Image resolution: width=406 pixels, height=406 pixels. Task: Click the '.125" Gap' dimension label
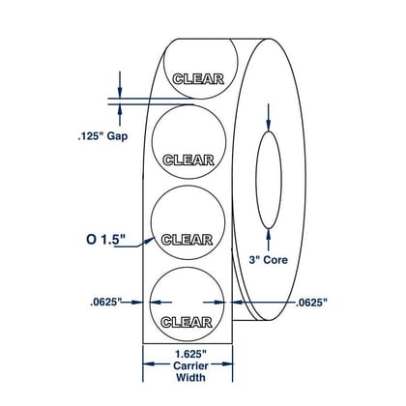coord(102,136)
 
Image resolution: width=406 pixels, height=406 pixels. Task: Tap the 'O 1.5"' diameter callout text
coord(105,240)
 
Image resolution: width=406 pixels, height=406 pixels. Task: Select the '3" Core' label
coord(268,260)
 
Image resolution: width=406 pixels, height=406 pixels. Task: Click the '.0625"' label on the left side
coord(105,303)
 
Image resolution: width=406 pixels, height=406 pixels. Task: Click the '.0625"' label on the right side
coord(311,303)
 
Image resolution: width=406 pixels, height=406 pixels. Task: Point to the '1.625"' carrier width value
coord(190,355)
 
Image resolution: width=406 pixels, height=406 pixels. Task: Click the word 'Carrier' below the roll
coord(190,365)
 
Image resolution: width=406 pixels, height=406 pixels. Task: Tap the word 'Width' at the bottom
coord(190,377)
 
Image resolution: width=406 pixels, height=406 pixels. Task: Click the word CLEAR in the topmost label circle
coord(198,79)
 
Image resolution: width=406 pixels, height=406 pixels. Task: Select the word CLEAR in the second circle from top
coord(188,160)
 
